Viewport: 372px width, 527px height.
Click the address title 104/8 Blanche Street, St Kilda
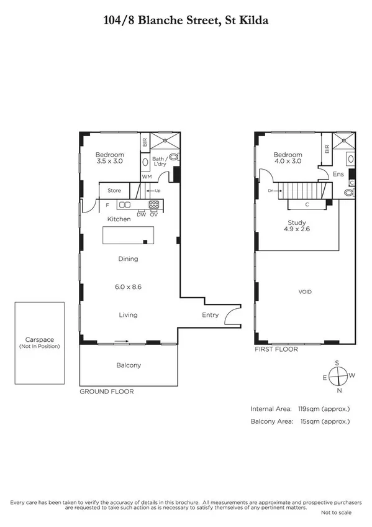click(186, 21)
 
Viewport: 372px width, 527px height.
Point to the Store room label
click(114, 190)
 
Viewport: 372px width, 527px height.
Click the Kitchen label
click(119, 219)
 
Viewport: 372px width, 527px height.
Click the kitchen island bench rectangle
click(128, 235)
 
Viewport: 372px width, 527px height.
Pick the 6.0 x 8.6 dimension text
click(128, 286)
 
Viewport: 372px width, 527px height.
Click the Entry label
click(211, 315)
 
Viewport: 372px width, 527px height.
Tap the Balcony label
click(129, 365)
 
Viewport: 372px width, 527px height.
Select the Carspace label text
click(39, 339)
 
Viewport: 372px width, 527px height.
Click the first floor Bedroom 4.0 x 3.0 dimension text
click(288, 161)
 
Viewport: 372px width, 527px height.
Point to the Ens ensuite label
click(338, 175)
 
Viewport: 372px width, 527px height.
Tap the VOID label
click(305, 291)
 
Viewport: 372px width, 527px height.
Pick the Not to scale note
click(335, 512)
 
